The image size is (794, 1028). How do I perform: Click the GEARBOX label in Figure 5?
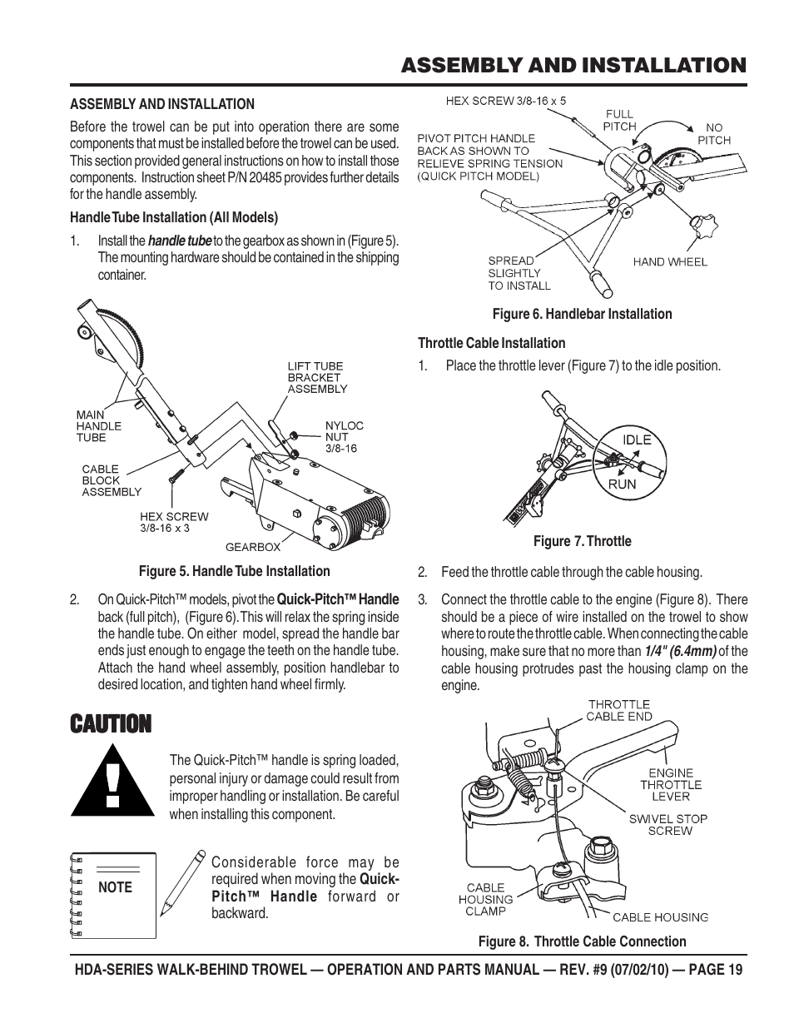point(253,547)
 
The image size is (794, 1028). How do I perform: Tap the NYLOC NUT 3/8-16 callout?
point(344,436)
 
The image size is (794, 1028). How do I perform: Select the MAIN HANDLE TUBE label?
point(98,425)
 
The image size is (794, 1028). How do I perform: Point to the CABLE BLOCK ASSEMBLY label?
point(112,480)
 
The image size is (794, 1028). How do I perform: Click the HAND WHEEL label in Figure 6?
point(670,261)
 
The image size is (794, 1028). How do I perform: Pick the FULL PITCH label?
point(618,120)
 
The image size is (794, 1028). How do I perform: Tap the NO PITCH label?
point(714,134)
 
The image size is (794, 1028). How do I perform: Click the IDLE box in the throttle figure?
point(637,440)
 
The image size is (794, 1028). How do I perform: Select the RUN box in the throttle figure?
point(622,483)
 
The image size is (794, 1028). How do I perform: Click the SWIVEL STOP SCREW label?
point(667,824)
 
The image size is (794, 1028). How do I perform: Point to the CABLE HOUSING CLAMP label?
point(485,899)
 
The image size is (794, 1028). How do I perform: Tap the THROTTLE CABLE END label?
point(619,710)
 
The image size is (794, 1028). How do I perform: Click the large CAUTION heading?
point(111,723)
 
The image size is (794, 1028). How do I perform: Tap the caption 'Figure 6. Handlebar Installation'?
point(582,314)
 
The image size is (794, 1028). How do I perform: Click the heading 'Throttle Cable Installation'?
point(491,343)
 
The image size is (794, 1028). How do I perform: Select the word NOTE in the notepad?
point(115,887)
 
